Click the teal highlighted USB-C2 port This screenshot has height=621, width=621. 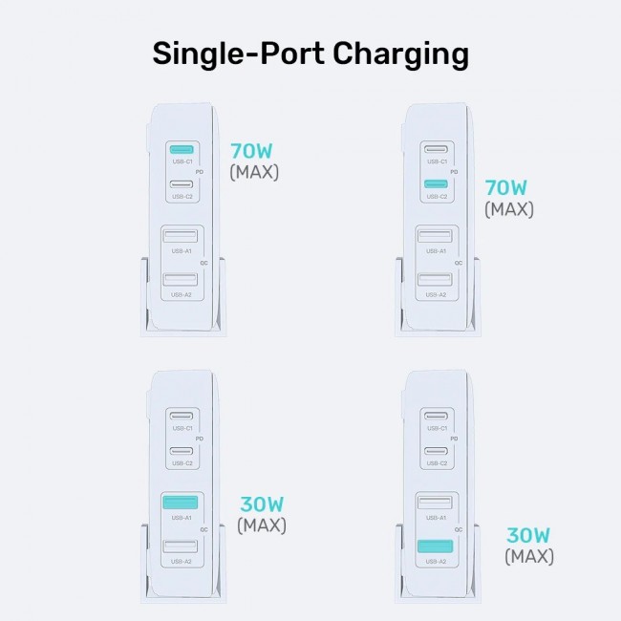[436, 184]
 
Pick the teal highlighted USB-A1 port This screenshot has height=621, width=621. [182, 503]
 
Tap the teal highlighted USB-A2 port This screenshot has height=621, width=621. [436, 546]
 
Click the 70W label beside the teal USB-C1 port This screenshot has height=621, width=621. [253, 151]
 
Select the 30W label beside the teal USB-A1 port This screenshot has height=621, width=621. [261, 503]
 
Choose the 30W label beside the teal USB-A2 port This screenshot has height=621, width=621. [528, 535]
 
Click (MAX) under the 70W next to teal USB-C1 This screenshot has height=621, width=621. [254, 173]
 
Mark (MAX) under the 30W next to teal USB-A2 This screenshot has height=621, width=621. [528, 556]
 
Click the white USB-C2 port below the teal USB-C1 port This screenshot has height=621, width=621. [182, 184]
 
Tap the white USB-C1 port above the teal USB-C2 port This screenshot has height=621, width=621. [436, 150]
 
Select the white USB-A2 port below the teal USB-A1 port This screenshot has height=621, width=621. [182, 546]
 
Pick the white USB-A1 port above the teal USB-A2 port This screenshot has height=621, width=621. [436, 503]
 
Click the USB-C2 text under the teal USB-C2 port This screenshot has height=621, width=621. [436, 197]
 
